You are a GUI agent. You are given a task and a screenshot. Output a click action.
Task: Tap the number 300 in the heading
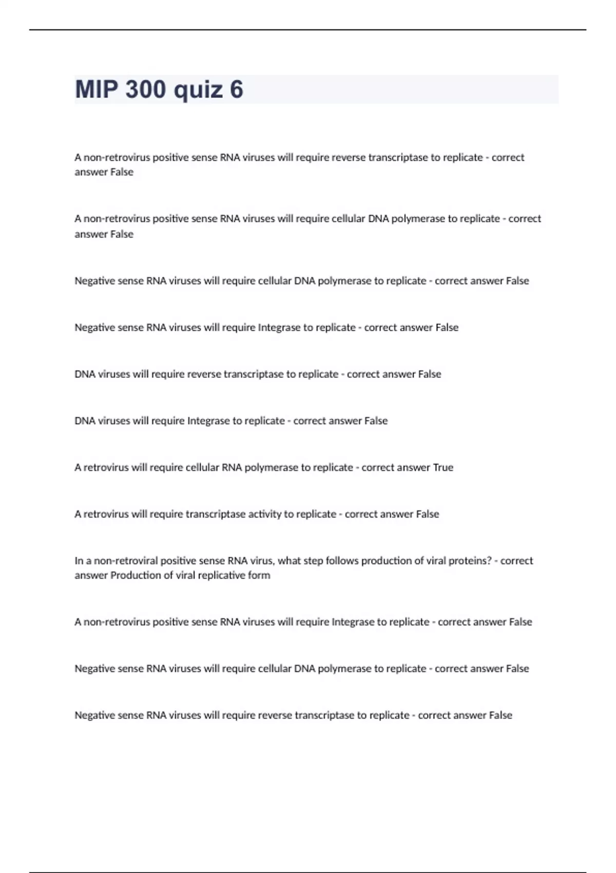pos(145,89)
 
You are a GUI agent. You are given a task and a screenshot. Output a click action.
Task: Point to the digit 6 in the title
pos(236,89)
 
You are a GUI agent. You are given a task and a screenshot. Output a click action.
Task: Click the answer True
pos(443,467)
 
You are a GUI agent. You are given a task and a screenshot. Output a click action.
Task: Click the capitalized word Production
pos(136,575)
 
